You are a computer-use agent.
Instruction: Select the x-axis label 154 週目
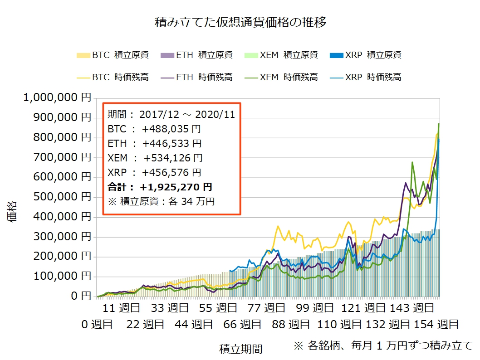click(436, 324)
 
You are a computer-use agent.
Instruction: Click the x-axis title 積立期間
click(240, 349)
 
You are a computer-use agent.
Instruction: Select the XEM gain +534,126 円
click(173, 158)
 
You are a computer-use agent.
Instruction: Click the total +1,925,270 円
click(176, 187)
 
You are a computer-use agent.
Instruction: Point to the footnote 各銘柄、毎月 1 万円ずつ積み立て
click(383, 345)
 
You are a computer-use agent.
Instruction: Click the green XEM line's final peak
click(438, 124)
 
